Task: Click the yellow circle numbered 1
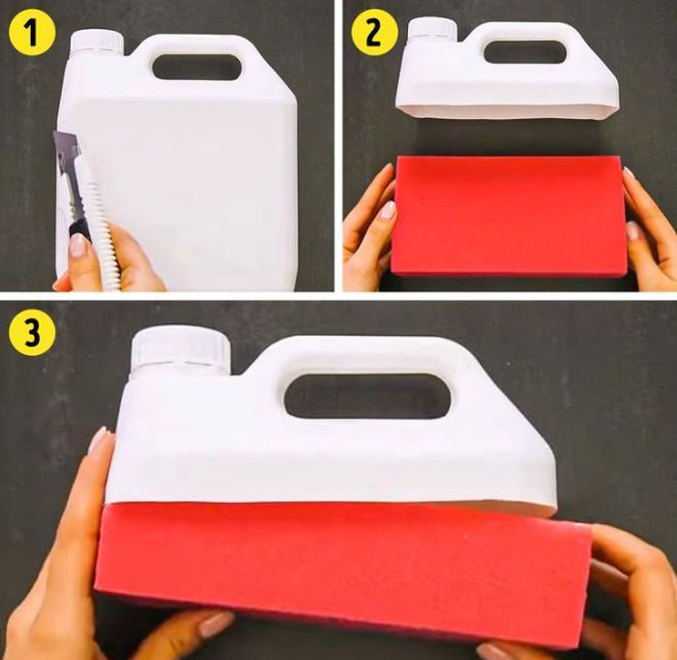coord(33,34)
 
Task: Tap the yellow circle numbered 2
coord(373,34)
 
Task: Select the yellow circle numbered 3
coord(33,333)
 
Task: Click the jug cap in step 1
coord(97,42)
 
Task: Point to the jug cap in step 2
coord(432,29)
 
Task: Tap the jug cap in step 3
coord(180,350)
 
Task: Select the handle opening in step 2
coord(525,52)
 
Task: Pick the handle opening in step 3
coord(368,396)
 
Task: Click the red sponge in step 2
coord(511,215)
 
